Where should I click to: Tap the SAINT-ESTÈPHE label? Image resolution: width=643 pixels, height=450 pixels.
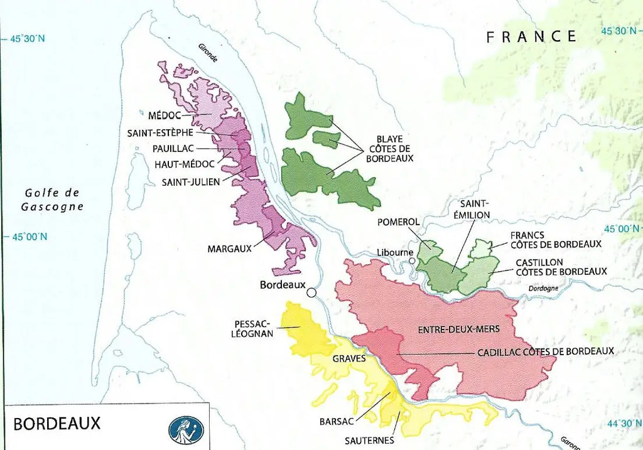(x=160, y=133)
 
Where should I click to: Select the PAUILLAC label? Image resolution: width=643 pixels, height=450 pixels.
(x=173, y=149)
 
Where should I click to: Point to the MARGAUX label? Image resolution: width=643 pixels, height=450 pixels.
(x=229, y=249)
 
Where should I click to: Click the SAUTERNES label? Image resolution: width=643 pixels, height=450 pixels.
(x=369, y=440)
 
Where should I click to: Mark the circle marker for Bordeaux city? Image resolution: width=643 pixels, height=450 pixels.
(x=311, y=292)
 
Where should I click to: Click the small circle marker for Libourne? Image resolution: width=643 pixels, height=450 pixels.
(x=411, y=261)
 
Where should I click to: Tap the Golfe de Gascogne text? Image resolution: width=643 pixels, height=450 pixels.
(x=53, y=200)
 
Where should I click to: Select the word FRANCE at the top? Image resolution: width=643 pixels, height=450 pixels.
(x=531, y=36)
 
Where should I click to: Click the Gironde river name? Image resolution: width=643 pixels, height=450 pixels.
(x=208, y=53)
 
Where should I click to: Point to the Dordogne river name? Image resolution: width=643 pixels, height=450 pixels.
(x=543, y=288)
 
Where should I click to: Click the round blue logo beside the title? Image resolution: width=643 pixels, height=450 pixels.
(x=186, y=430)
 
